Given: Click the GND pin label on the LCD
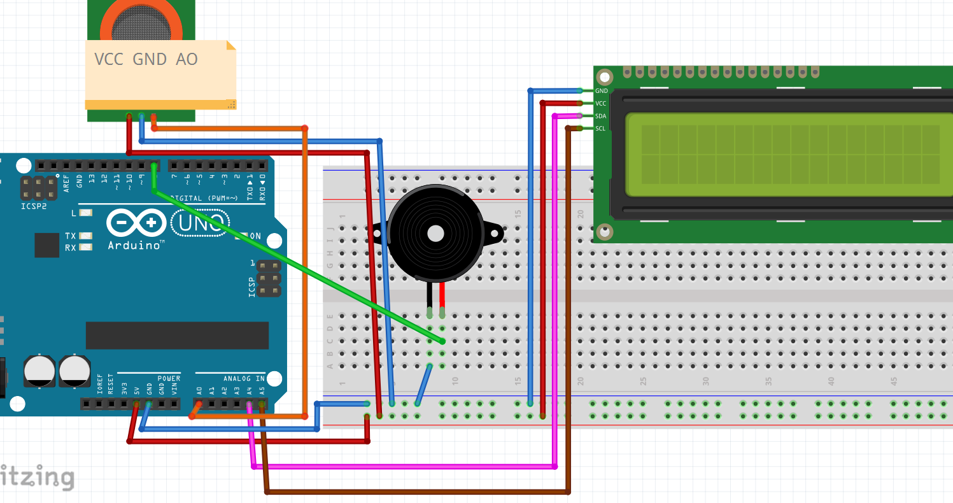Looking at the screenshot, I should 601,91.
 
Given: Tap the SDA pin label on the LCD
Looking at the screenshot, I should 601,116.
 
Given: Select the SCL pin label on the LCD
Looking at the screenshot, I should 600,129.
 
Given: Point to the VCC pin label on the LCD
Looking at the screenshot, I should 601,103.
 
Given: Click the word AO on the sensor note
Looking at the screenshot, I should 187,59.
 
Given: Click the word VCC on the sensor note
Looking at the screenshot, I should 109,59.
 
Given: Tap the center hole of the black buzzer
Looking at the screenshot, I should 435,233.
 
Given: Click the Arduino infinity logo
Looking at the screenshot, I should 136,223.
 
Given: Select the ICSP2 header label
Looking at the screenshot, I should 33,206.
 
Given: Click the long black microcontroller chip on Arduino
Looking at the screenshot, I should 177,335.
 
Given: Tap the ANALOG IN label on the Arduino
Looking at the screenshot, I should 243,378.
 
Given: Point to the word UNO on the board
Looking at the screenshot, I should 201,223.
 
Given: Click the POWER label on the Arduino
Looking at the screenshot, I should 169,378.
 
